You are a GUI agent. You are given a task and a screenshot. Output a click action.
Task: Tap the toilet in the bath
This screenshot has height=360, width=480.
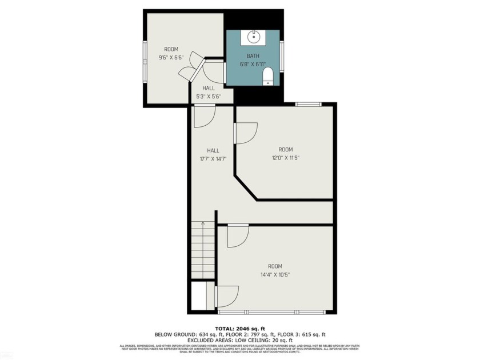tap(269, 77)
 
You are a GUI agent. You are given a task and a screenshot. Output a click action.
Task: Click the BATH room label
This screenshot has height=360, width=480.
tap(253, 56)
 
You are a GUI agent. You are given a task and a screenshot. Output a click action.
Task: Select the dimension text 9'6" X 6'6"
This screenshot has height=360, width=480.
tap(171, 57)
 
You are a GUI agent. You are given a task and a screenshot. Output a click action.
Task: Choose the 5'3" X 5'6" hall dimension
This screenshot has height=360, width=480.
tap(209, 97)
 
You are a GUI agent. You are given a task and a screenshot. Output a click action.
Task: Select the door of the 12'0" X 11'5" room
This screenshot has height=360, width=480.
tap(246, 133)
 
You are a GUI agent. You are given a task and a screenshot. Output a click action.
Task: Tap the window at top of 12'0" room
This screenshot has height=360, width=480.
tap(308, 104)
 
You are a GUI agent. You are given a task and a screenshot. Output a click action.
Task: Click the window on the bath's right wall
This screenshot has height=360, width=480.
tap(281, 56)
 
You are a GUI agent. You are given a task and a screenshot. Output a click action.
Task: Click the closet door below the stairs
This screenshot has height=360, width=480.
tap(227, 295)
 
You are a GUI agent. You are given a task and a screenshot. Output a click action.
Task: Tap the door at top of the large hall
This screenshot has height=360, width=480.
tap(203, 116)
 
